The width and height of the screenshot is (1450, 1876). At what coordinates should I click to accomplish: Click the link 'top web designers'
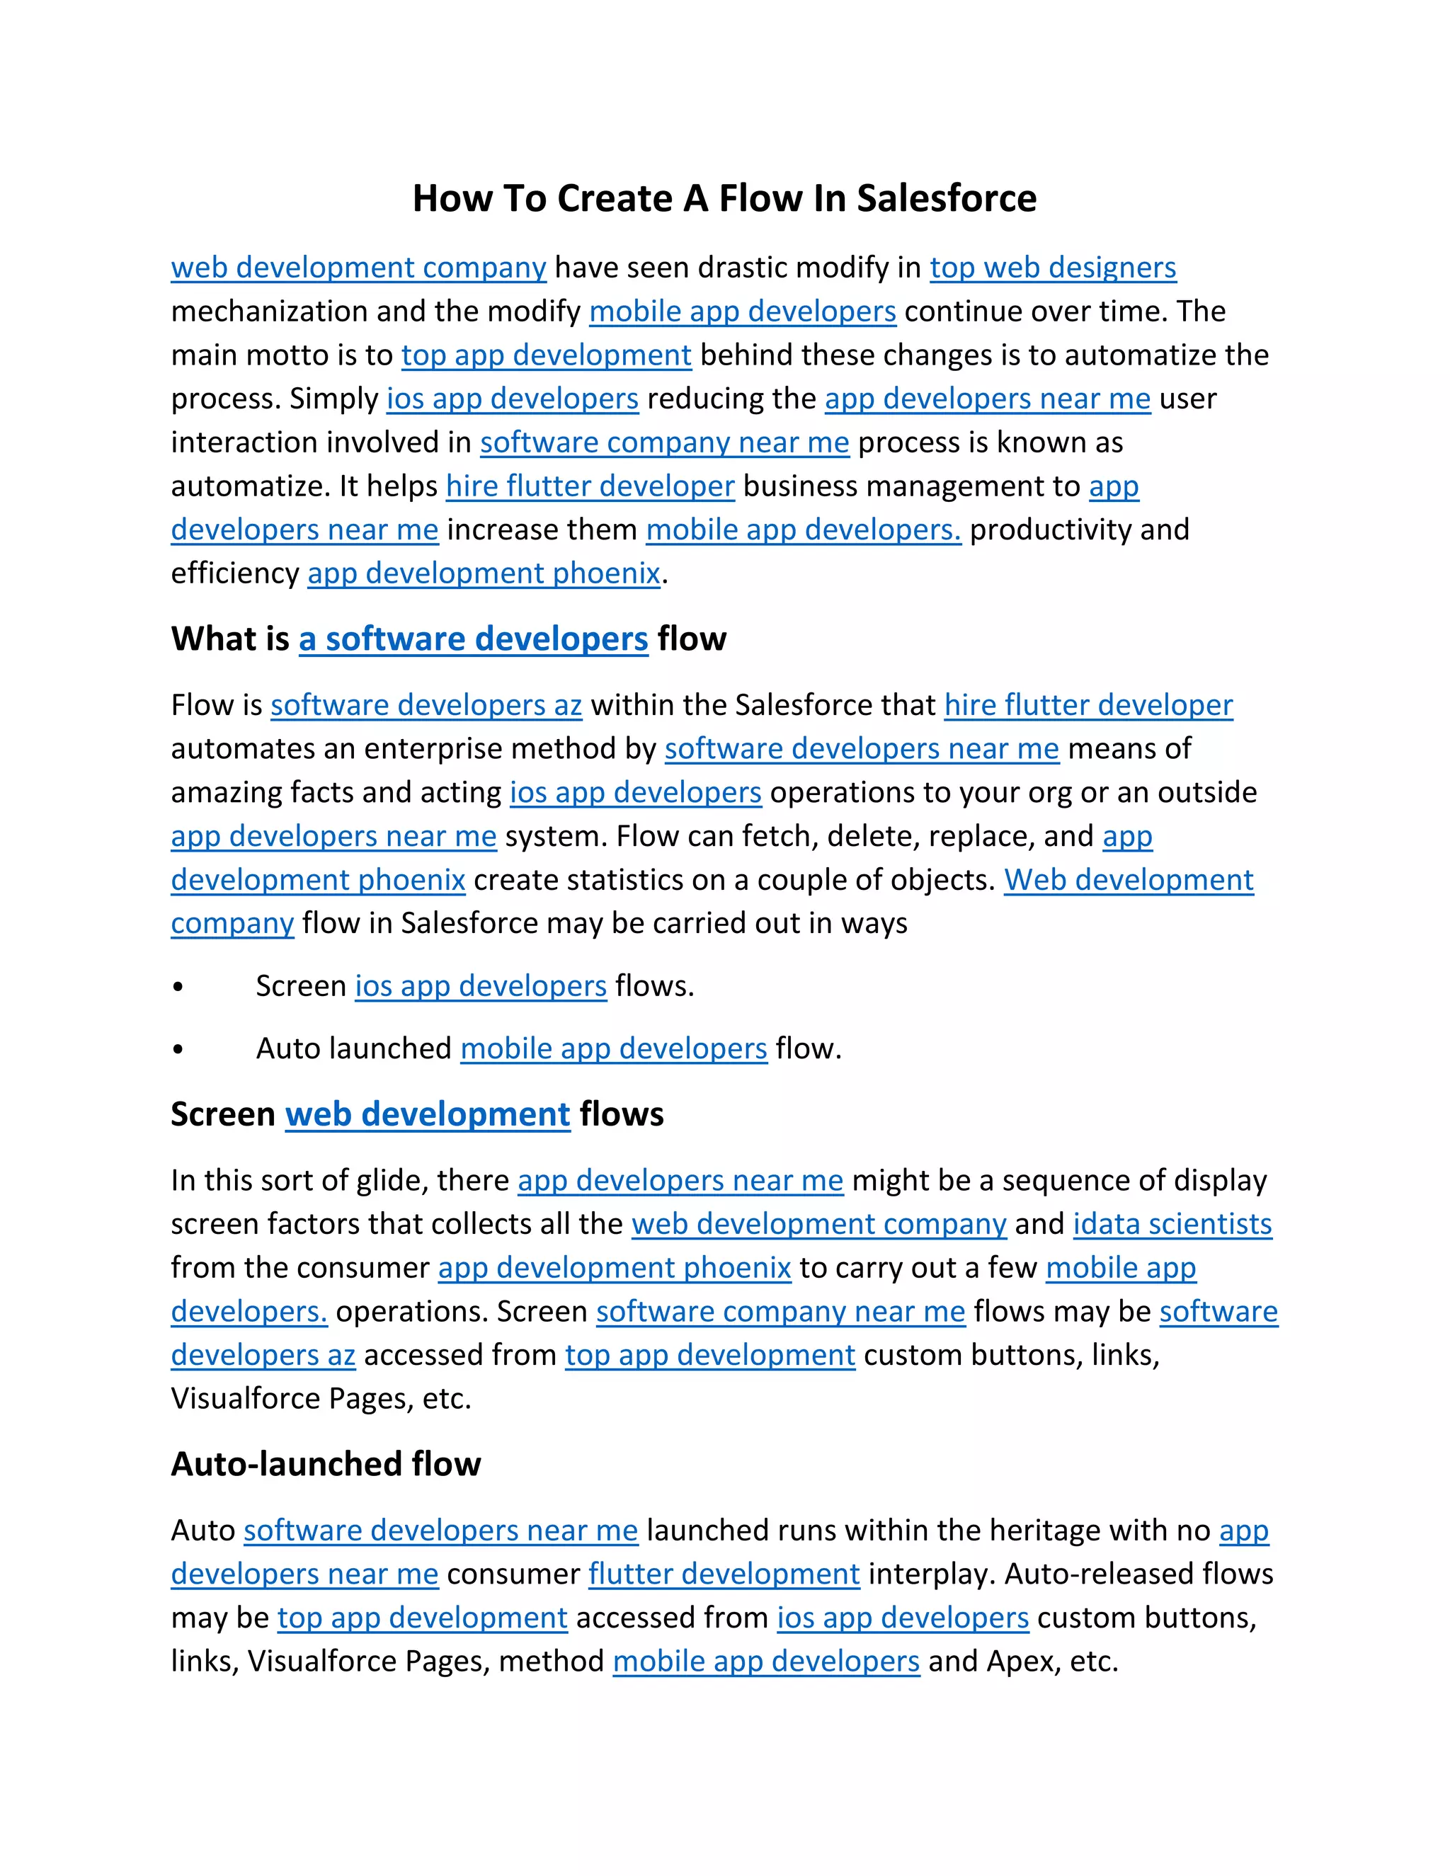1052,268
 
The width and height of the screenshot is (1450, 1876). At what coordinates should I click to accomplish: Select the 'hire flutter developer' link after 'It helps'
590,486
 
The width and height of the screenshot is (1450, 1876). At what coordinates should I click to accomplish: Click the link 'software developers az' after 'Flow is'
426,705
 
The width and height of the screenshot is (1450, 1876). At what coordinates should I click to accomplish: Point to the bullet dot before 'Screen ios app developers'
178,988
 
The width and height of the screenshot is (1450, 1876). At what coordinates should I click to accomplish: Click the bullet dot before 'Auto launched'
178,1050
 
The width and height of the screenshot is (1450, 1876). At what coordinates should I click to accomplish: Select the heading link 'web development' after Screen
427,1114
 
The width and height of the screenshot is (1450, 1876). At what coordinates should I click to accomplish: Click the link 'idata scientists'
1172,1224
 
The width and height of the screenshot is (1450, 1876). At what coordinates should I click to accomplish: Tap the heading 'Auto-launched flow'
326,1464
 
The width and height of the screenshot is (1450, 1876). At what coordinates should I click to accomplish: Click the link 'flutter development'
724,1574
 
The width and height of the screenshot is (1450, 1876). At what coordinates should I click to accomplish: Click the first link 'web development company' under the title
358,268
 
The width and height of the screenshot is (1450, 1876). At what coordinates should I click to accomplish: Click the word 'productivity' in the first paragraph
1050,530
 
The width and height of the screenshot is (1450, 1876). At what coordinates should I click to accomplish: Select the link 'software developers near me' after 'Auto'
440,1530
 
